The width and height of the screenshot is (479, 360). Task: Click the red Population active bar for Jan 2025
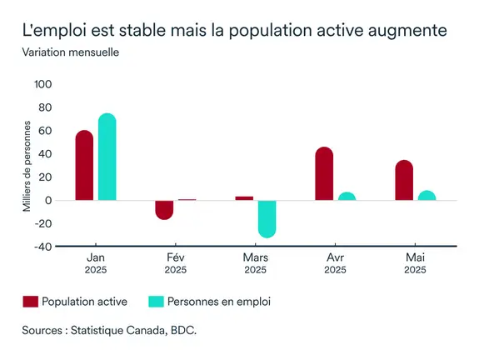click(x=84, y=166)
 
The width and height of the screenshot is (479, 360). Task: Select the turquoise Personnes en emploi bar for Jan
click(x=107, y=157)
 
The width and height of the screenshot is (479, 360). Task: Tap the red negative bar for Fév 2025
click(x=164, y=209)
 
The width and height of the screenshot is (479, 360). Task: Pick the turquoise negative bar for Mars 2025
click(x=267, y=218)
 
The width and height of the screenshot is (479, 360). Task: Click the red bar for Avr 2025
click(x=324, y=174)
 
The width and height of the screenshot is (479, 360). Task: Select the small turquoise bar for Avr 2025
click(x=347, y=197)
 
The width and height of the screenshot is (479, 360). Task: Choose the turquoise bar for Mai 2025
click(x=427, y=196)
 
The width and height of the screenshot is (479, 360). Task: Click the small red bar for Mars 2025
click(x=244, y=198)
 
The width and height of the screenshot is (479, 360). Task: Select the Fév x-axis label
click(x=176, y=257)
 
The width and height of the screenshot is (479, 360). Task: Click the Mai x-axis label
click(x=415, y=257)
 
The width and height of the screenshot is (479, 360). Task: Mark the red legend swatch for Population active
click(x=30, y=302)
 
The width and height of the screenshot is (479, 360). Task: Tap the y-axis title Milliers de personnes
click(x=27, y=166)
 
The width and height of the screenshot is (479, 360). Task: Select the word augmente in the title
click(x=407, y=30)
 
